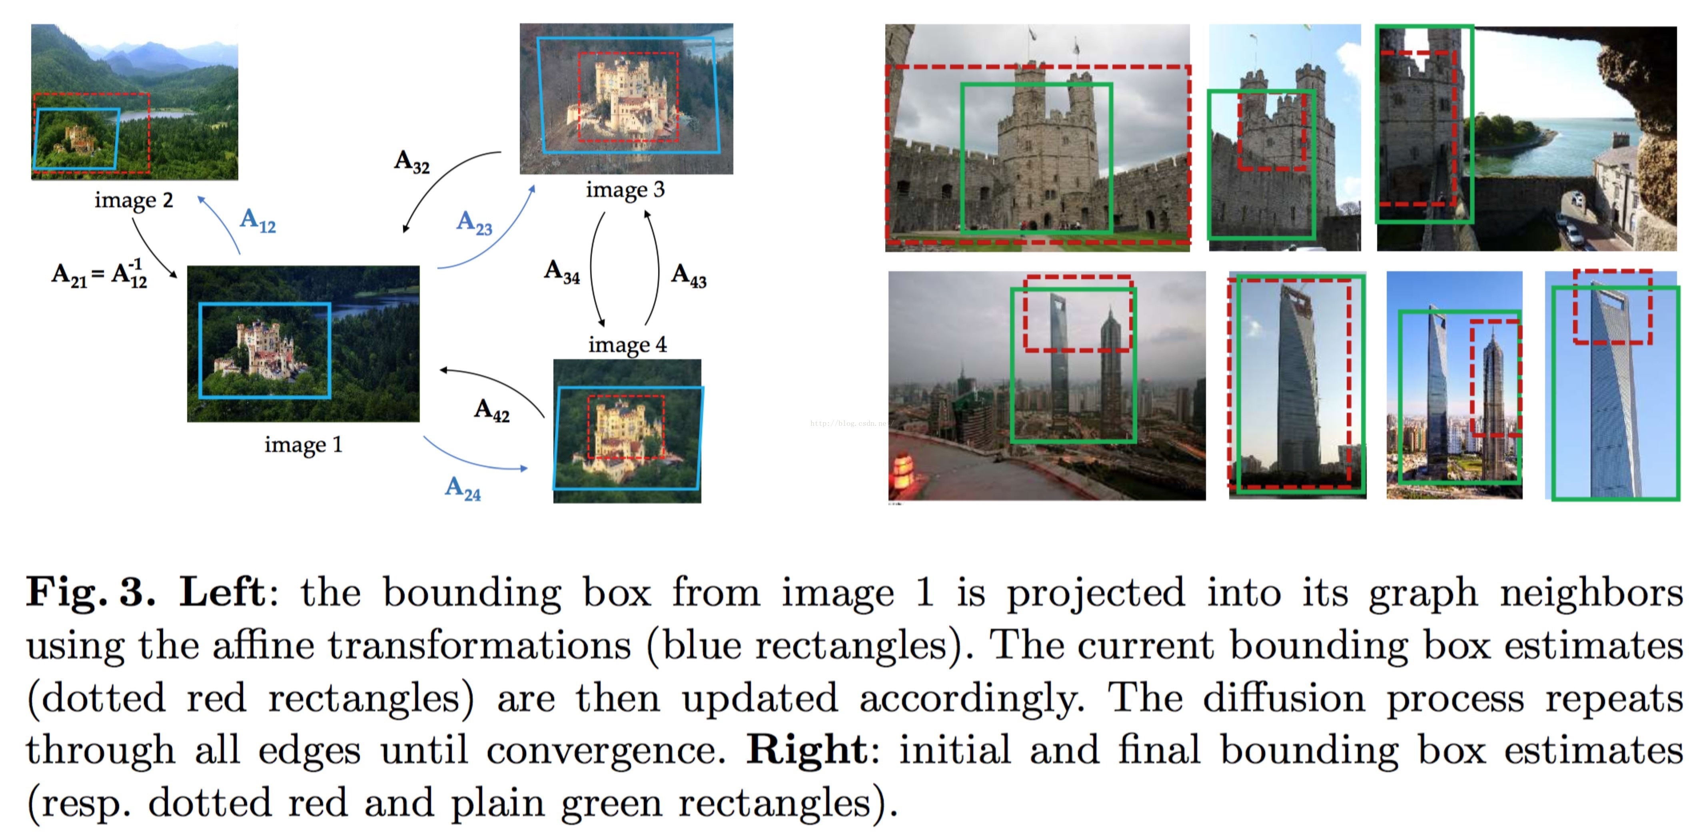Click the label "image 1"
point(303,445)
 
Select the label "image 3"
point(625,190)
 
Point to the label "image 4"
point(627,345)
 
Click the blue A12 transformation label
point(258,221)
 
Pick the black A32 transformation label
point(412,162)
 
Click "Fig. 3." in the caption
point(90,592)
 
